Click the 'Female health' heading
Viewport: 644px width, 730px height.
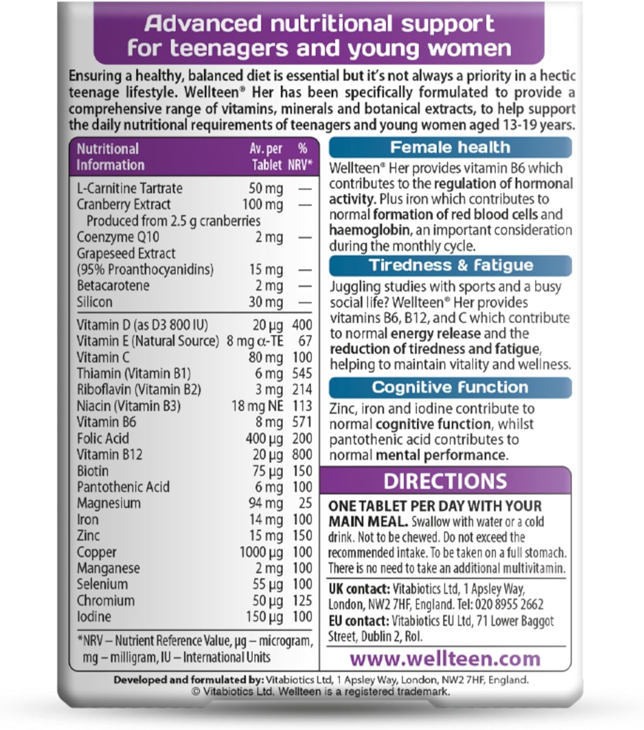[x=450, y=147]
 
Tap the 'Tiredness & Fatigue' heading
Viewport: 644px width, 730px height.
[x=451, y=265]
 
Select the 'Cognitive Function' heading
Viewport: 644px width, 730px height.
[x=450, y=387]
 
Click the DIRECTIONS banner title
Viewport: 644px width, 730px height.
[x=445, y=481]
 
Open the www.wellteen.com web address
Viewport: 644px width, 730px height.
[x=445, y=658]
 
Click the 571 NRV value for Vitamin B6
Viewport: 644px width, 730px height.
[x=302, y=422]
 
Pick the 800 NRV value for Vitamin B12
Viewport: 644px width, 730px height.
[x=302, y=455]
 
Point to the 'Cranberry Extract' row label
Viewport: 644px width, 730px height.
[x=124, y=204]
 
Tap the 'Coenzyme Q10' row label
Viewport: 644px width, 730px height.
[x=118, y=237]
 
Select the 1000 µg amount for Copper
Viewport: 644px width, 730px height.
[x=261, y=552]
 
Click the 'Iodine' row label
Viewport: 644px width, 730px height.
[x=94, y=617]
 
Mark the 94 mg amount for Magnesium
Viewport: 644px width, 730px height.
[x=266, y=503]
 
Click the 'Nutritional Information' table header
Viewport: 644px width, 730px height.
[x=110, y=157]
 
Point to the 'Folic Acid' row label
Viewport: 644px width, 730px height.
[x=103, y=438]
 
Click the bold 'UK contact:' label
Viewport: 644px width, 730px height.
[x=359, y=589]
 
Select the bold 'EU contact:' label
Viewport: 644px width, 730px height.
[x=358, y=621]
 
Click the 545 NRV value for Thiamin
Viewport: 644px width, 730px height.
[x=302, y=373]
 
